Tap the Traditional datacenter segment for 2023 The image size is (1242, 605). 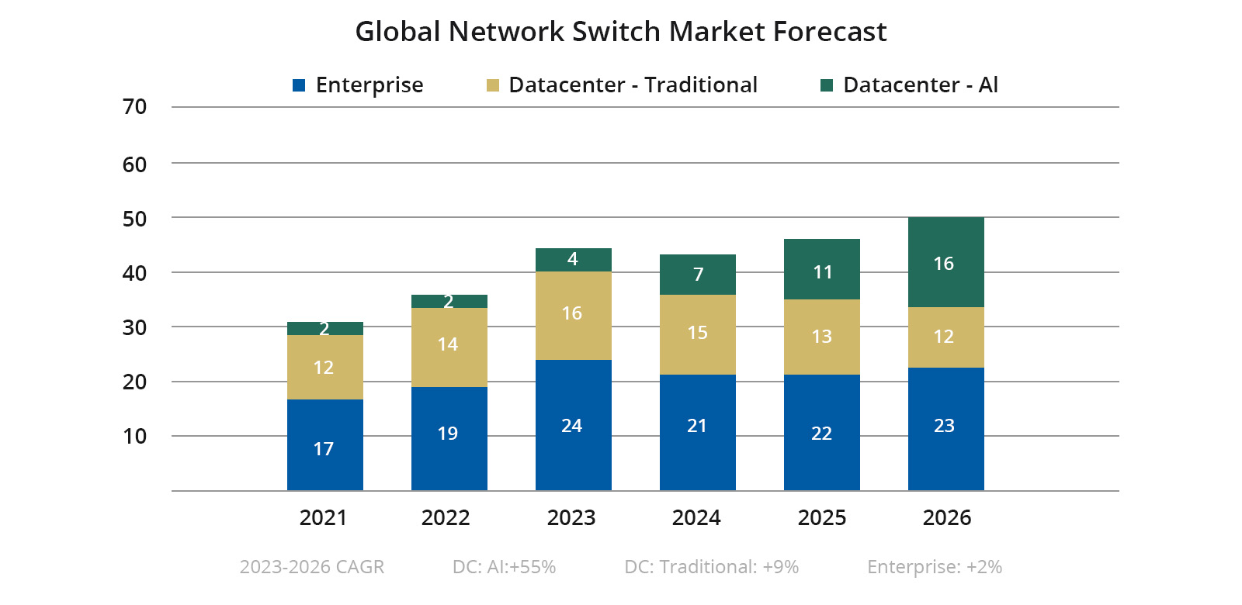(573, 315)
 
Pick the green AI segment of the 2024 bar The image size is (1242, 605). (697, 274)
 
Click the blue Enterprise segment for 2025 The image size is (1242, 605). (821, 432)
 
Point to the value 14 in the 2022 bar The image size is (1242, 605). (448, 344)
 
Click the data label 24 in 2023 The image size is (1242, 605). (572, 426)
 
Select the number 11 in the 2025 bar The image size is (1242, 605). (823, 272)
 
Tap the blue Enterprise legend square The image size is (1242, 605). (299, 85)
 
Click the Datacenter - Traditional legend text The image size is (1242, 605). (633, 85)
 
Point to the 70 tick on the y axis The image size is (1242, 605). (135, 107)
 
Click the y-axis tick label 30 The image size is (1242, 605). (135, 327)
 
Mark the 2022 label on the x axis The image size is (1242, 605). (446, 517)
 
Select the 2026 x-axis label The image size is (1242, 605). (947, 517)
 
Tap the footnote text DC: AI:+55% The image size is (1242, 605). (504, 567)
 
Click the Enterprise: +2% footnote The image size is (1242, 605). (935, 567)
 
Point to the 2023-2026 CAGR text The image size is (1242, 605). (312, 567)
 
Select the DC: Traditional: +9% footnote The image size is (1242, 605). (711, 567)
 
